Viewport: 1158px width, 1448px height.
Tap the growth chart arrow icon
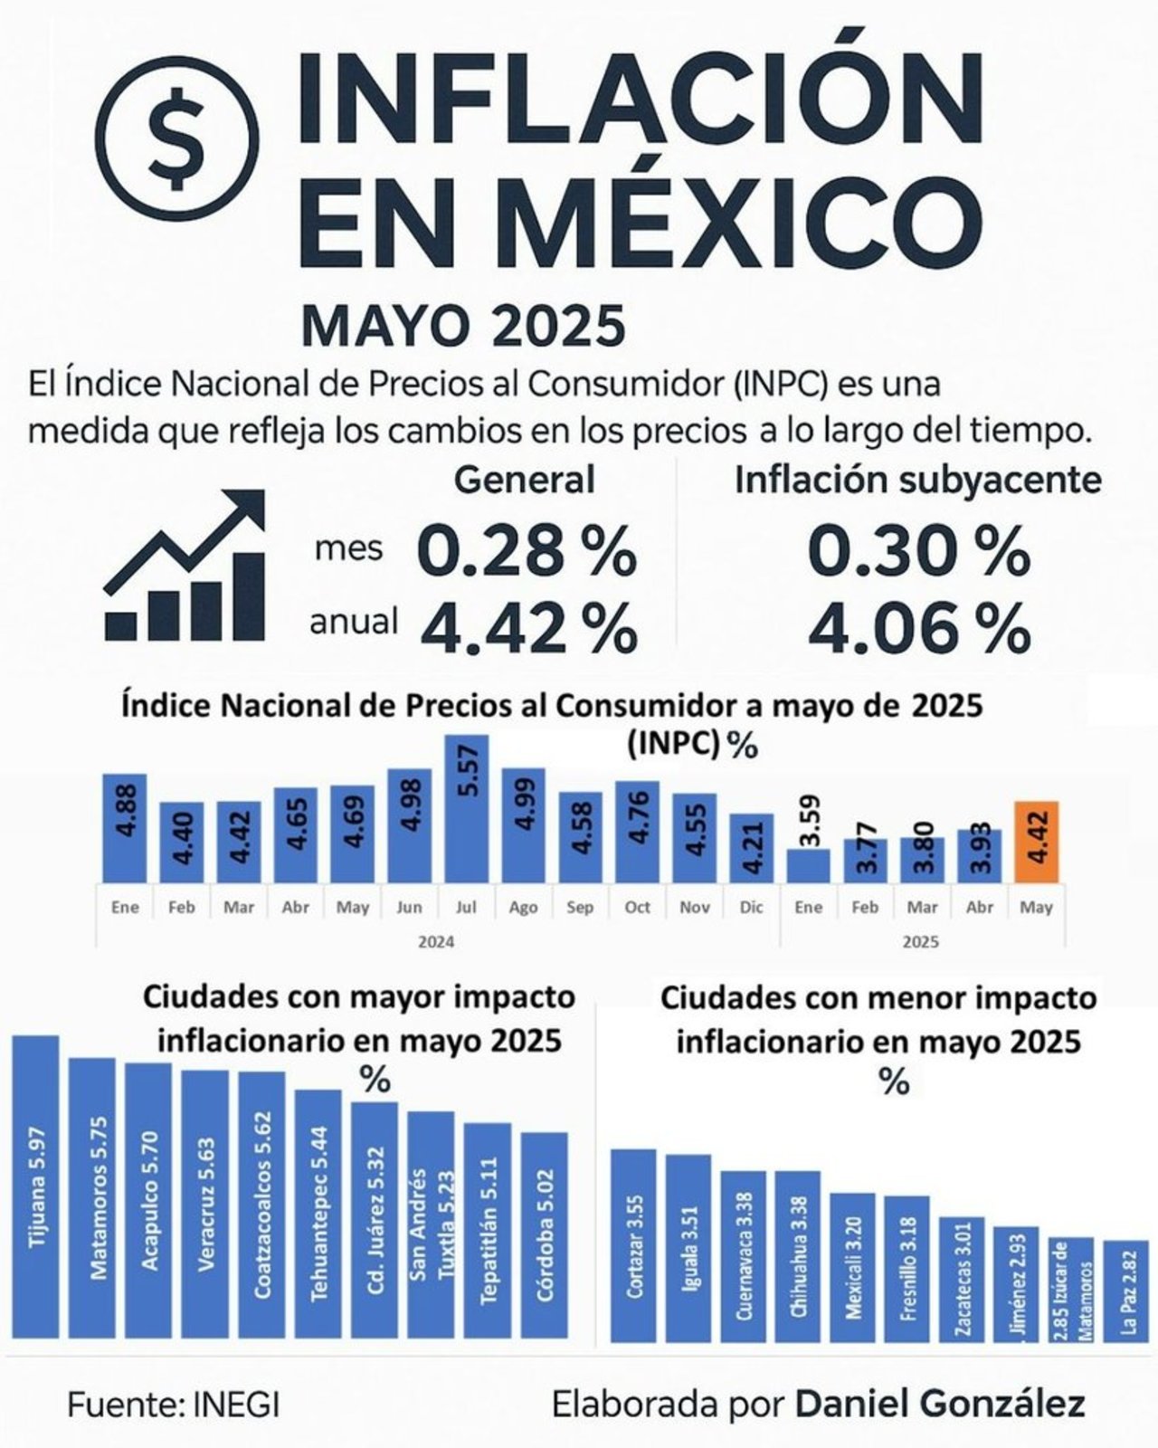pyautogui.click(x=186, y=567)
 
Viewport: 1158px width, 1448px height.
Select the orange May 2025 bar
pyautogui.click(x=1036, y=842)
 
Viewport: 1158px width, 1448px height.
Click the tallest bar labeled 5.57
pyautogui.click(x=467, y=808)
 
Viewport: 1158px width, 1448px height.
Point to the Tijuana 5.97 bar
pyautogui.click(x=35, y=1186)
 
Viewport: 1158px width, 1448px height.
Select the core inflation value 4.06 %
pyautogui.click(x=918, y=627)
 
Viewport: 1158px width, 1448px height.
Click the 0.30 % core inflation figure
pyautogui.click(x=918, y=552)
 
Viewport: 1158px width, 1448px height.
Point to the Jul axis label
pyautogui.click(x=467, y=907)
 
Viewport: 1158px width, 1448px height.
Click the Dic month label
pyautogui.click(x=751, y=907)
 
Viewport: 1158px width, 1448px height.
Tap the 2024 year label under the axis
pyautogui.click(x=436, y=942)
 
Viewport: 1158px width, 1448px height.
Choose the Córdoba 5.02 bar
pyautogui.click(x=545, y=1234)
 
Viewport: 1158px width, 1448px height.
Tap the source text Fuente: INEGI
pyautogui.click(x=174, y=1405)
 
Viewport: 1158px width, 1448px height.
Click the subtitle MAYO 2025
pyautogui.click(x=463, y=327)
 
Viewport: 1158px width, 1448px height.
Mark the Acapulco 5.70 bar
pyautogui.click(x=148, y=1199)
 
